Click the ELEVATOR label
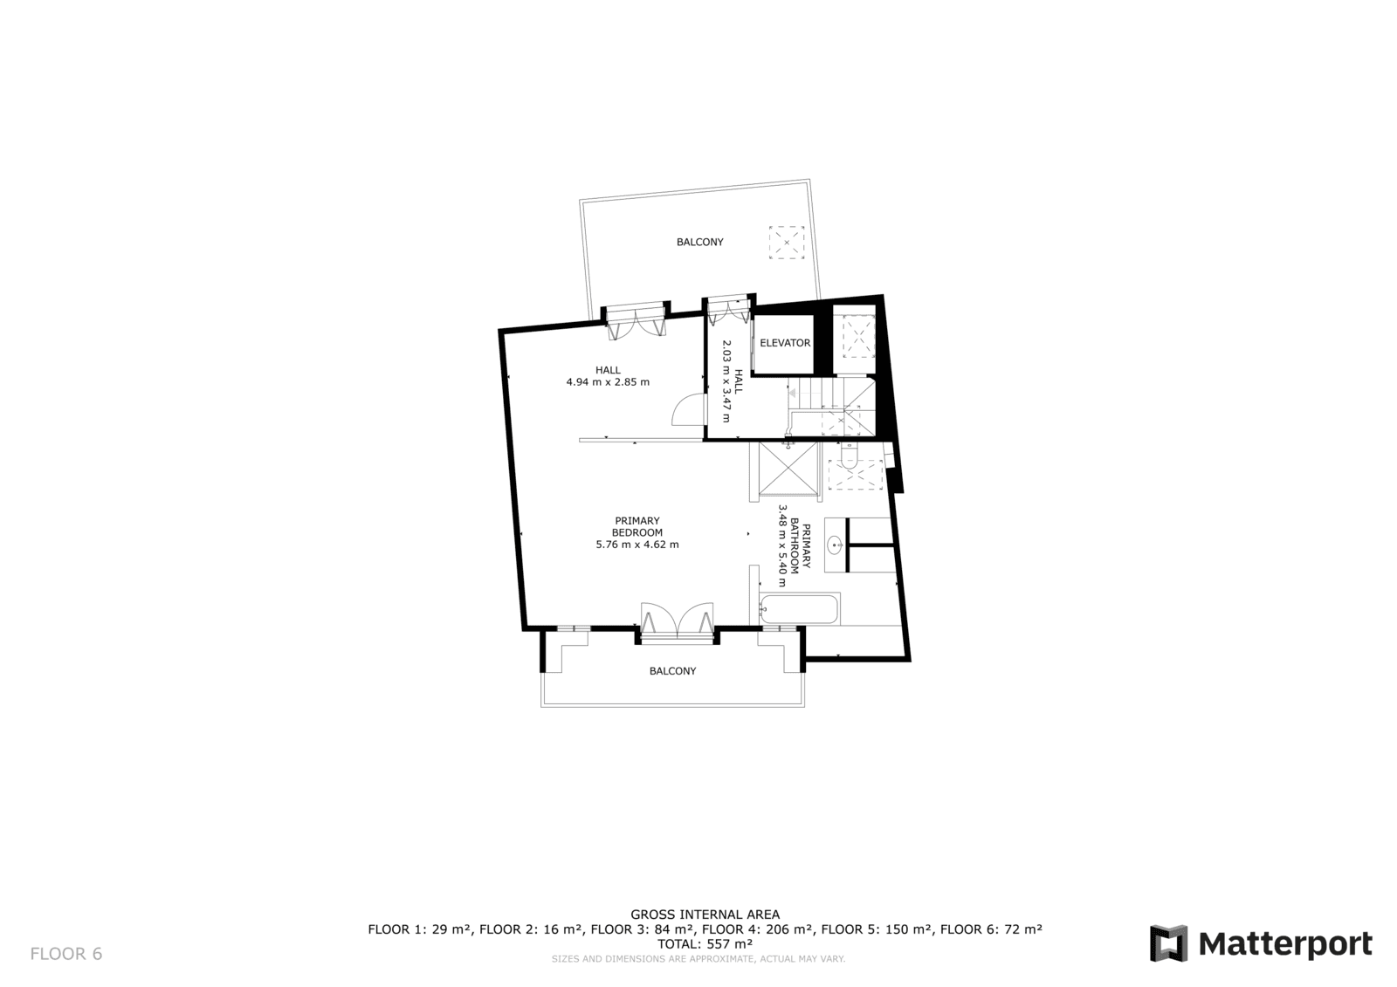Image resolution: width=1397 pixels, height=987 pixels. [785, 343]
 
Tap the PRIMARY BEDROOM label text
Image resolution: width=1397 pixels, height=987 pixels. [637, 526]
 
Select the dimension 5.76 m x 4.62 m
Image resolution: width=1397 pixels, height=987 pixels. [637, 545]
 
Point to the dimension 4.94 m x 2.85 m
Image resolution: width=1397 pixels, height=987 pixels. [608, 382]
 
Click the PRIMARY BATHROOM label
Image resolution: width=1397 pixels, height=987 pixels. [800, 546]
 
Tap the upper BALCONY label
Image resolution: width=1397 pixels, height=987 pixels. [699, 242]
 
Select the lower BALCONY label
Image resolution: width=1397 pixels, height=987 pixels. [672, 671]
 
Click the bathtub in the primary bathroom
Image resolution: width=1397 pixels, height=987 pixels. [799, 608]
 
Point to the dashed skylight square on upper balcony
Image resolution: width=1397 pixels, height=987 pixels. [787, 242]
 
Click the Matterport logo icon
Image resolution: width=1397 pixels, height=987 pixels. [1168, 943]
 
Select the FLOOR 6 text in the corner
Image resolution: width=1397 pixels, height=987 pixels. [66, 954]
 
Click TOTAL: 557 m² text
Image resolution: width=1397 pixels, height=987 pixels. [705, 944]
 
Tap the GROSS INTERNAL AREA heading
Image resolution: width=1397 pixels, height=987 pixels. [705, 915]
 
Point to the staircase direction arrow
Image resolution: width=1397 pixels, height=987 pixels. [792, 393]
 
